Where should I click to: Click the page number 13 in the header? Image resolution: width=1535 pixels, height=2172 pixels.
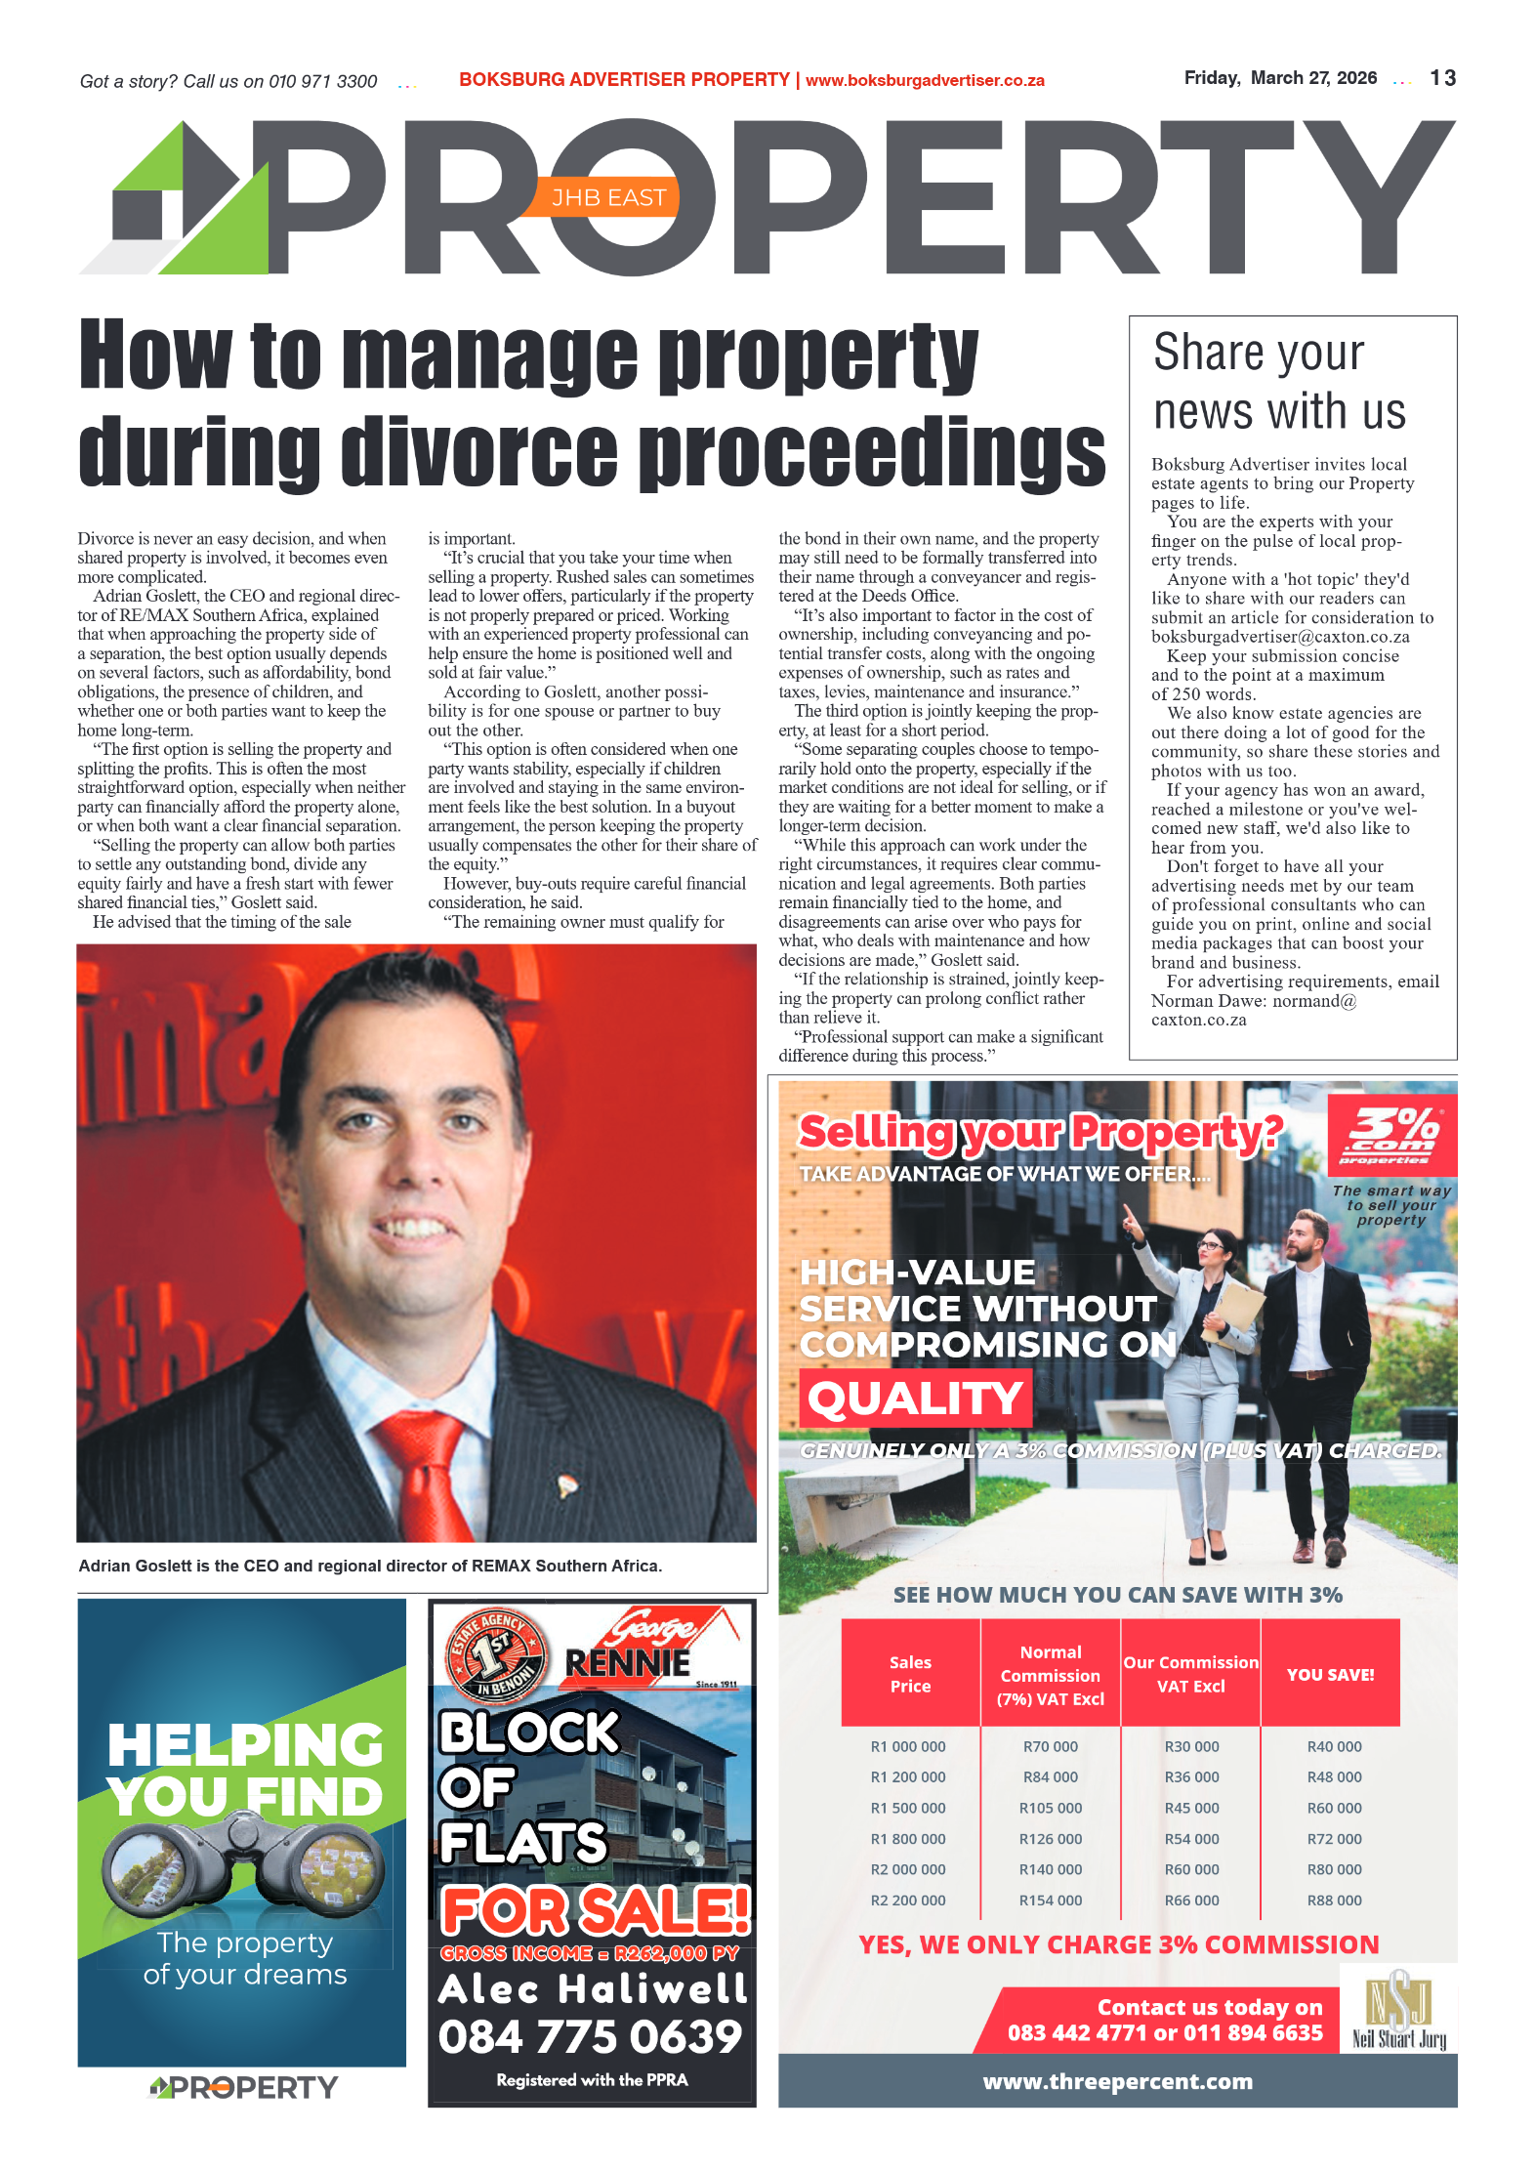pos(1442,78)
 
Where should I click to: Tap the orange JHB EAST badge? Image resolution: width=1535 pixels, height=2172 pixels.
pos(607,198)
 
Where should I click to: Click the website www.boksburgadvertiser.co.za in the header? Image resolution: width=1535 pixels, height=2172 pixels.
pos(925,81)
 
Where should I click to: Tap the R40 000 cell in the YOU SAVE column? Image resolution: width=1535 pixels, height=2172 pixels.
pos(1334,1746)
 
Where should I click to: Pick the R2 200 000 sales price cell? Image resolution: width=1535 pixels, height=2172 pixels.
pos(907,1900)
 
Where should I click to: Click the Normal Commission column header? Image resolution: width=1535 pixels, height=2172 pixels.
pos(1051,1675)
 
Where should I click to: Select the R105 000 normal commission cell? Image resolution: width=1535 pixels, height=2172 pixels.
pos(1051,1808)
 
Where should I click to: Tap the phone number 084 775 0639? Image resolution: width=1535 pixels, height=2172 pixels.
pos(590,2036)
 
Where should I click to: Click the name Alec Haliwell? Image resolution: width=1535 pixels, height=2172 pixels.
pos(592,1988)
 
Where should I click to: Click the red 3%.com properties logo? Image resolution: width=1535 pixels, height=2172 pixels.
pos(1391,1135)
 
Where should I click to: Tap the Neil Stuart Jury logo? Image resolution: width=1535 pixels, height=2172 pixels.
pos(1398,2011)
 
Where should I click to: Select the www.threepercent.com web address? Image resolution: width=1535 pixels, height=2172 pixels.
pos(1117,2081)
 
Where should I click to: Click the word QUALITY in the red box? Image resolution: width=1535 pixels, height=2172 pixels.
pos(915,1398)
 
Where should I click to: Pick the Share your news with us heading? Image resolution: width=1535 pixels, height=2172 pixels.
pos(1279,382)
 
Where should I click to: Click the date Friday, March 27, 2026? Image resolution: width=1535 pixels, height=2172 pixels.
pos(1280,78)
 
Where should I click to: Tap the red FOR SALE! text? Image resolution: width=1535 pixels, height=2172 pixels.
pos(596,1910)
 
